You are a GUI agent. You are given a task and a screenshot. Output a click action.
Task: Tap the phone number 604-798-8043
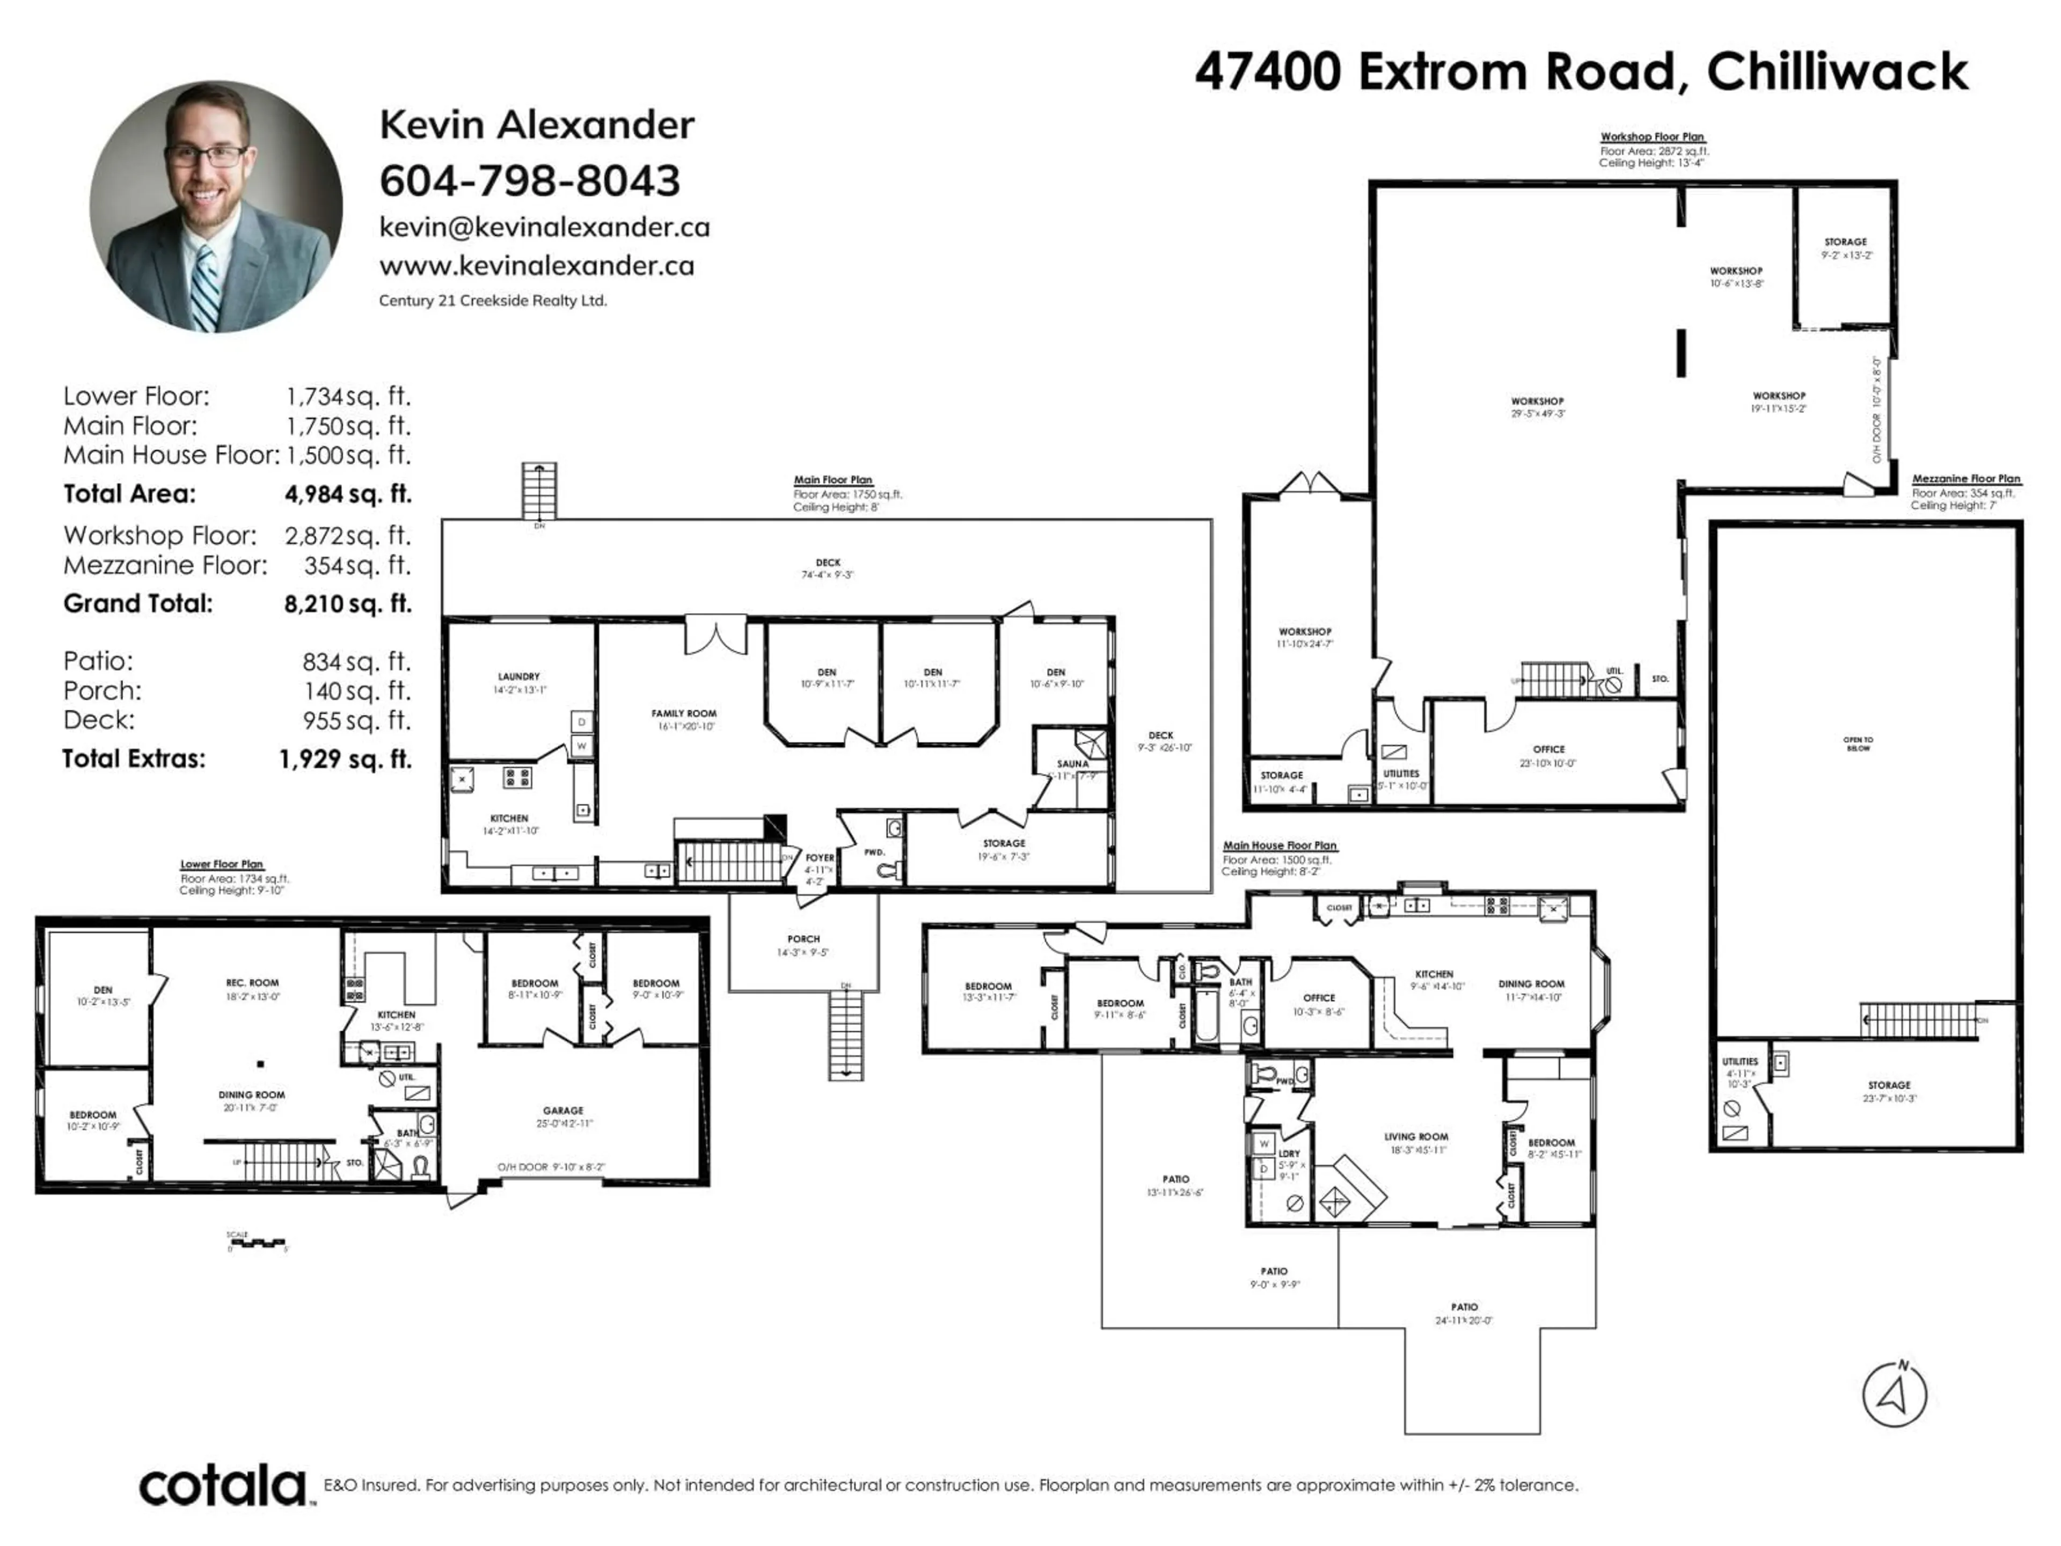click(529, 181)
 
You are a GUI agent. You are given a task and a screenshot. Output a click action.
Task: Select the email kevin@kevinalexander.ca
click(544, 228)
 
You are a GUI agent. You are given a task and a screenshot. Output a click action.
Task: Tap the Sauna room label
click(1072, 763)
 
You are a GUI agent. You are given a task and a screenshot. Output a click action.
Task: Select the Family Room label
click(684, 713)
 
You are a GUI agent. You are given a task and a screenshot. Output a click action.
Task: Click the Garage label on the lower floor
click(563, 1111)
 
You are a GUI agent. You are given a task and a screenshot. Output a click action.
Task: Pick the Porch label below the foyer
click(803, 939)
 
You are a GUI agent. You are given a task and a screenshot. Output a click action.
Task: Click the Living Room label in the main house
click(1416, 1137)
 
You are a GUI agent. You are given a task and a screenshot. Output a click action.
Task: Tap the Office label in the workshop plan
click(1548, 749)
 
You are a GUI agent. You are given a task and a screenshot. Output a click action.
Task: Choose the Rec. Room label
click(252, 982)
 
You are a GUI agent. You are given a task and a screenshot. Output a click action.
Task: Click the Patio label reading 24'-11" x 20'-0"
click(1464, 1308)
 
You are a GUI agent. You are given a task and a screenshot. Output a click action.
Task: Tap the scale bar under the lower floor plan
click(257, 1243)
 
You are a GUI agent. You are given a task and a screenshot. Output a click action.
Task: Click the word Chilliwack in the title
click(1837, 72)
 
